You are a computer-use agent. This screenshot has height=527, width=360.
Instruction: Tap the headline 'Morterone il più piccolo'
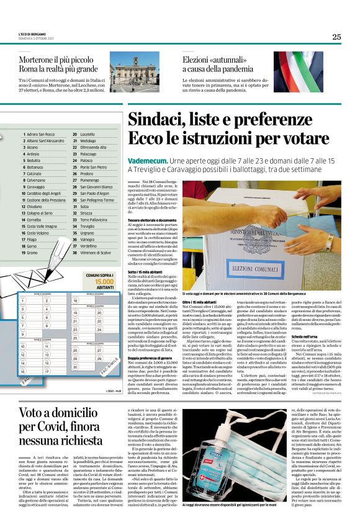click(58, 60)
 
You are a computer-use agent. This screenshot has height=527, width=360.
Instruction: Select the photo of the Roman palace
click(132, 74)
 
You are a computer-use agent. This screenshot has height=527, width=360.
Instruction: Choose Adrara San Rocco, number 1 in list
click(40, 134)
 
